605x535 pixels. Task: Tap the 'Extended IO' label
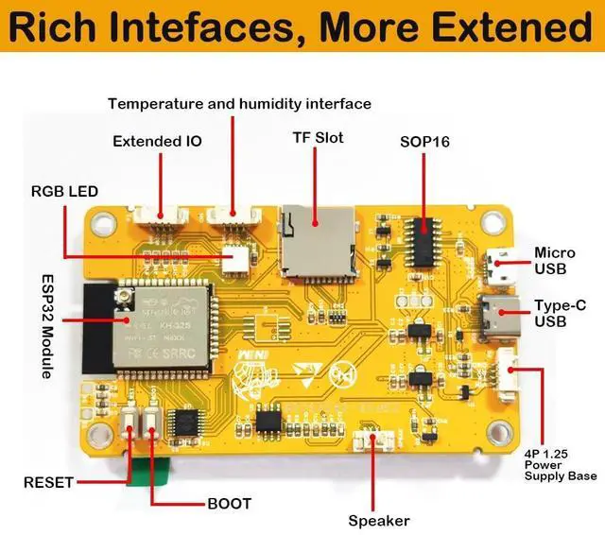point(157,142)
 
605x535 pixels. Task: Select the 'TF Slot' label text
point(318,138)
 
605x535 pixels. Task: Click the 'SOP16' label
point(424,142)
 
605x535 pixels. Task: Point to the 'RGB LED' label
point(64,192)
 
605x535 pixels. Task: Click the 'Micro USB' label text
point(555,262)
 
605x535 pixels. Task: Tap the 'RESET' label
point(48,483)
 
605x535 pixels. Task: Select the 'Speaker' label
point(379,521)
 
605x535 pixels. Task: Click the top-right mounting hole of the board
point(491,223)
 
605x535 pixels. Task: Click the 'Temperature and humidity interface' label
point(239,103)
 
